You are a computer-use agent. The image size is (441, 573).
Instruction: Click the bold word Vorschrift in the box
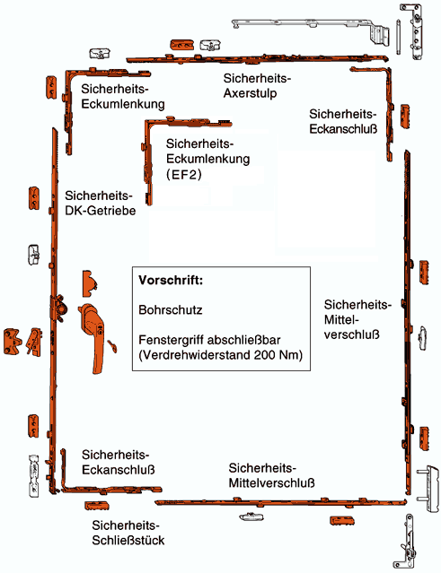171,281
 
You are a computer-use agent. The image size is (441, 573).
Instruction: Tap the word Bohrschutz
171,310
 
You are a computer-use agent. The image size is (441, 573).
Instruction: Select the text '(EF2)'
184,175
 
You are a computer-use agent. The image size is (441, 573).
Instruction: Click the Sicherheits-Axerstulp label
257,85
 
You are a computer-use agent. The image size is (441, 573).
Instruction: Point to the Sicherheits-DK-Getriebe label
101,204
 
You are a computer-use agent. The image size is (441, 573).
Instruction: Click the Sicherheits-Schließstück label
128,533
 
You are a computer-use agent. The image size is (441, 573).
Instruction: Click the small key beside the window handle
112,346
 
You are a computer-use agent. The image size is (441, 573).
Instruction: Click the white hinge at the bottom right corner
407,541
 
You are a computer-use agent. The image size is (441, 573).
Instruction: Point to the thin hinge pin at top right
398,36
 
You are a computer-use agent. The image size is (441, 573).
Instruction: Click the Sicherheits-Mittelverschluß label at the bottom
271,475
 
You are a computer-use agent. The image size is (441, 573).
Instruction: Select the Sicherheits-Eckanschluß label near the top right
343,121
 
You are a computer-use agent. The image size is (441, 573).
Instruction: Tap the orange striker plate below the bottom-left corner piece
97,506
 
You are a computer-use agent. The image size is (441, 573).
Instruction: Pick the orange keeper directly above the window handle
90,283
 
